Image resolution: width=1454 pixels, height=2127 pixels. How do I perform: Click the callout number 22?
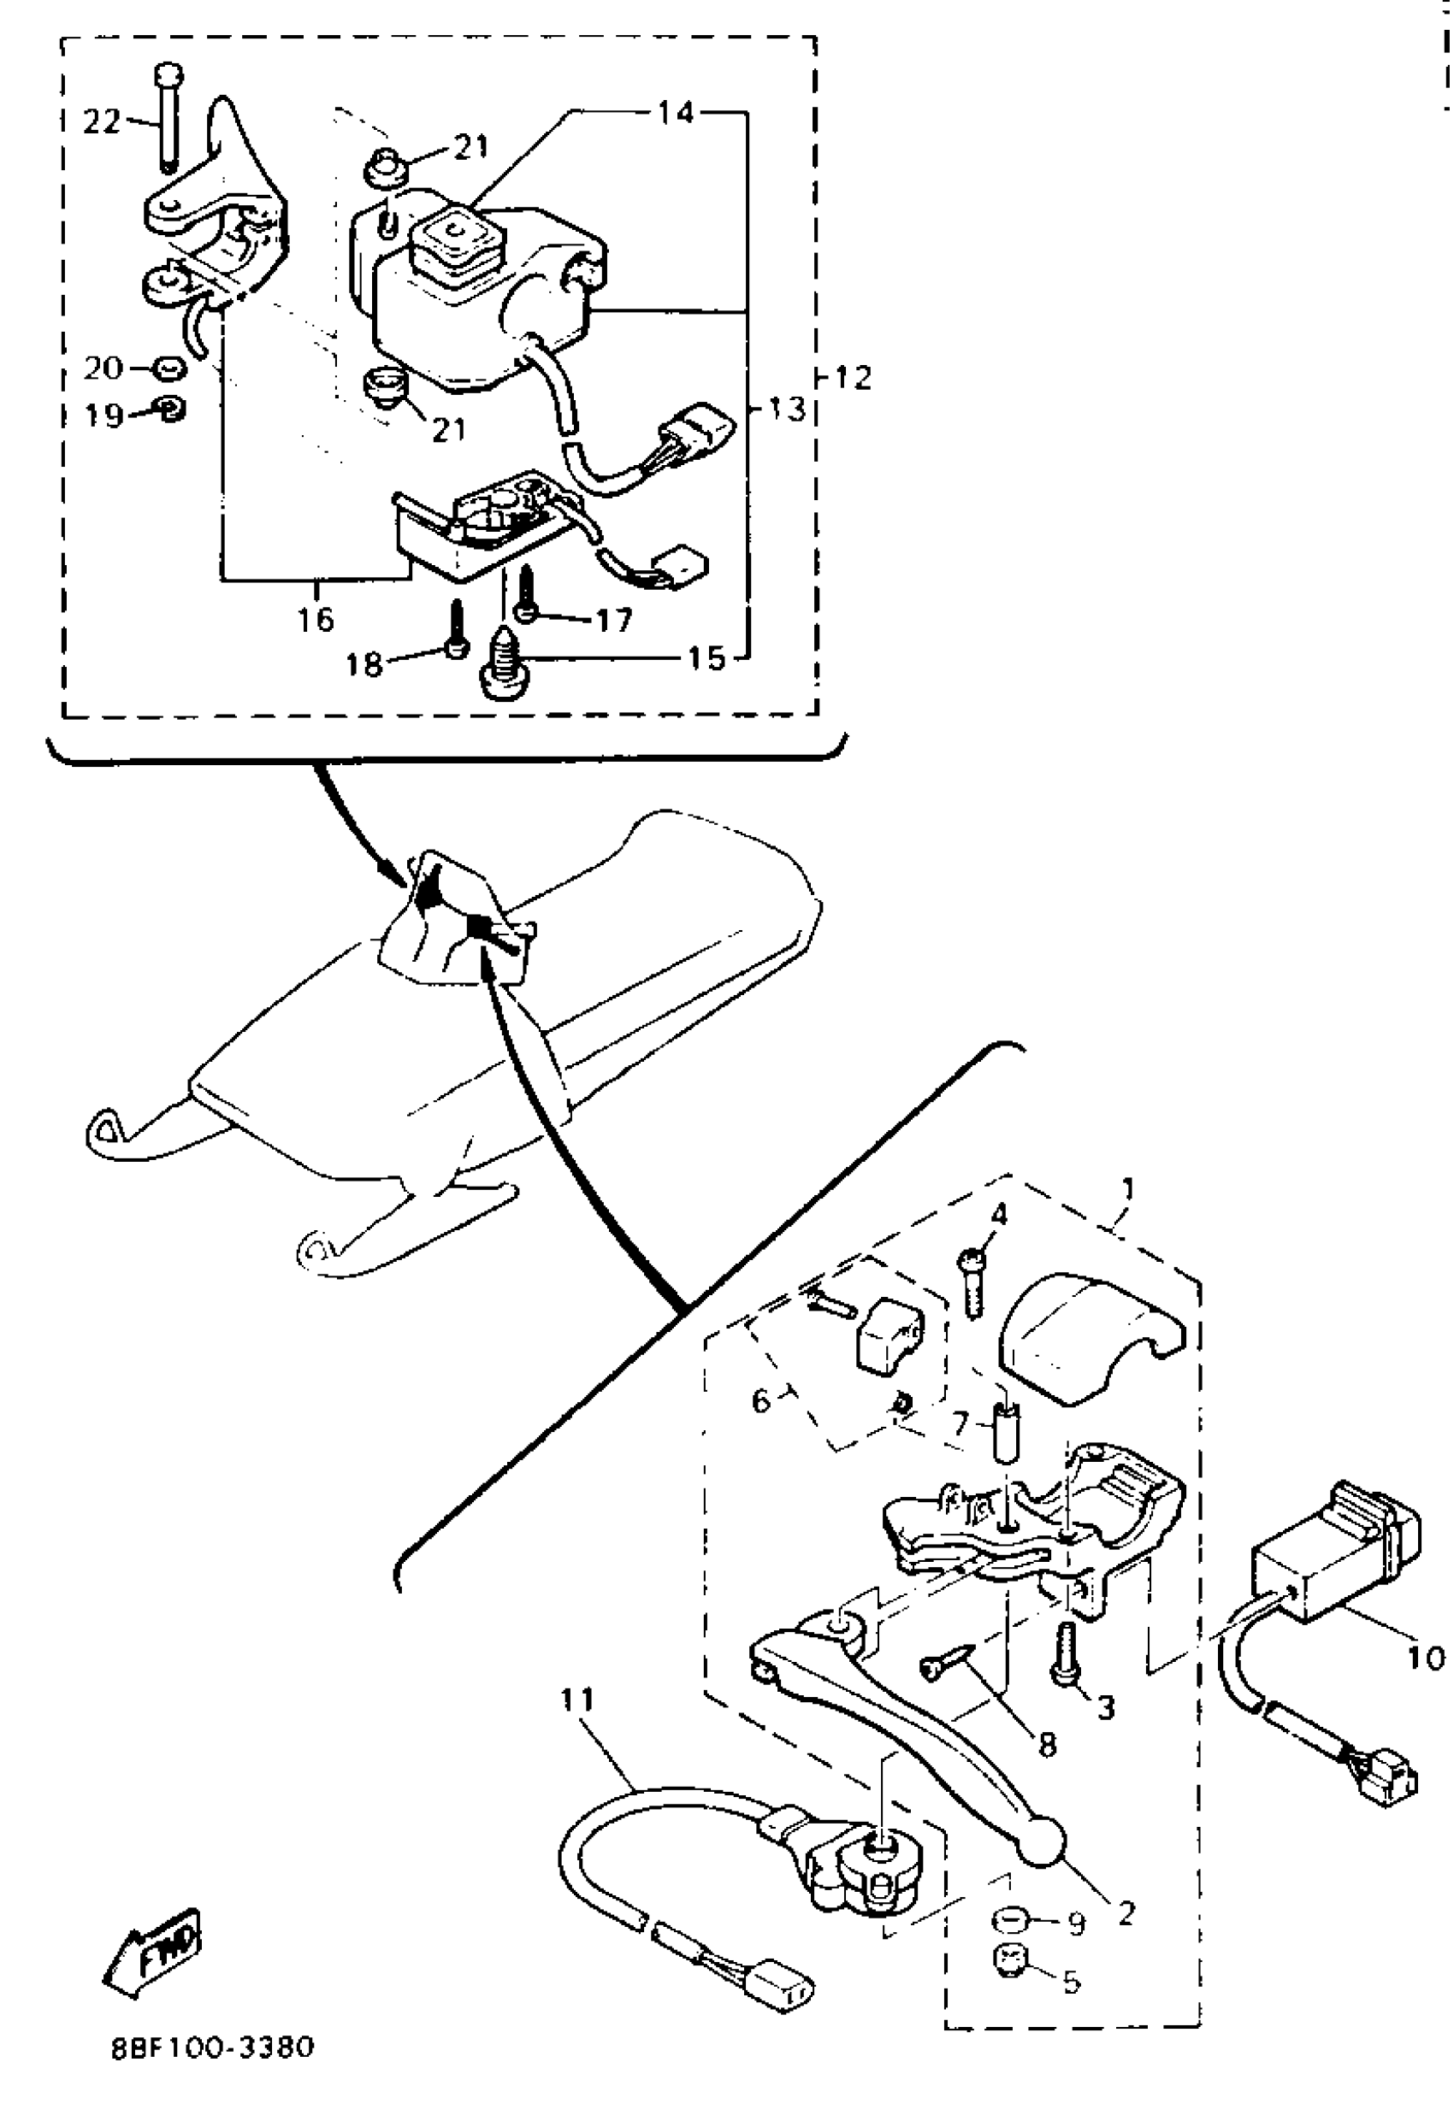click(102, 121)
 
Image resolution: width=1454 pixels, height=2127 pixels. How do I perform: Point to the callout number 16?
click(316, 620)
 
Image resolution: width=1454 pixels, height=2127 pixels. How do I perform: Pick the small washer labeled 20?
click(168, 368)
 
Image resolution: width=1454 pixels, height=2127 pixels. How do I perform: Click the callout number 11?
click(578, 1700)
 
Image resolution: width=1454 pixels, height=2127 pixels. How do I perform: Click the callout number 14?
click(676, 114)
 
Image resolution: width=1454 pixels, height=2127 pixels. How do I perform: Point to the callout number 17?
click(613, 620)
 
